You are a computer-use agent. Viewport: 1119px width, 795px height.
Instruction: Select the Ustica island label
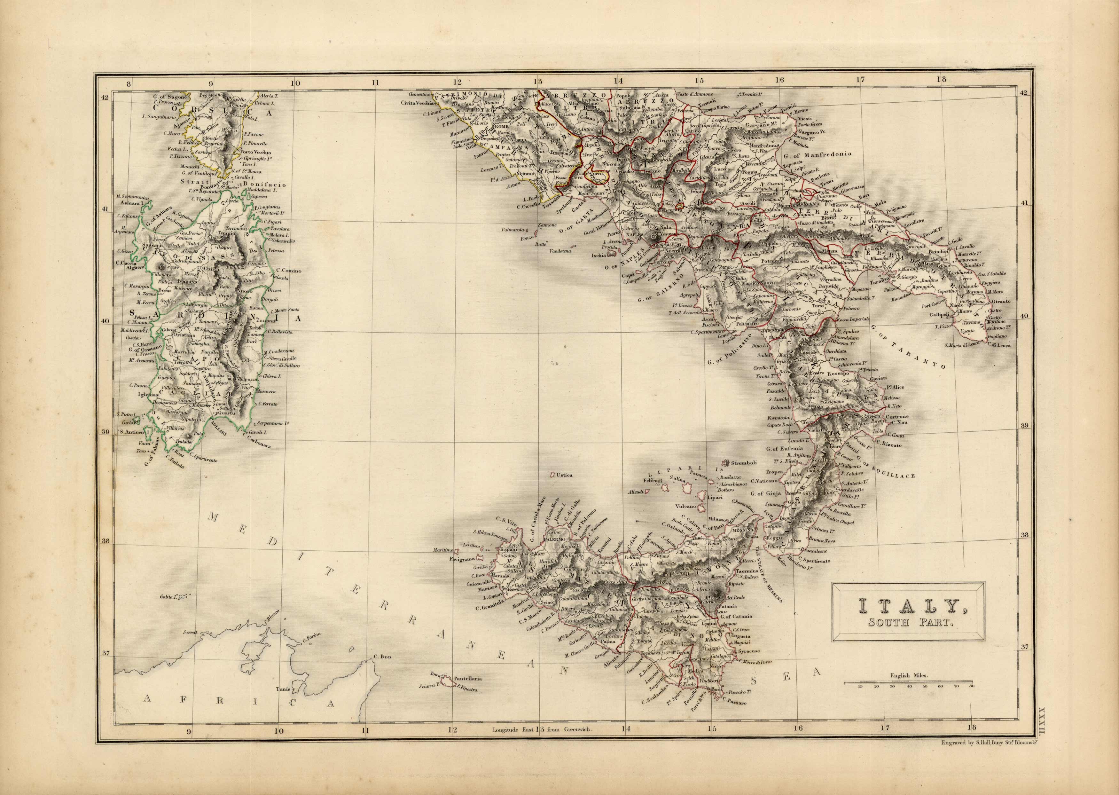(564, 475)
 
